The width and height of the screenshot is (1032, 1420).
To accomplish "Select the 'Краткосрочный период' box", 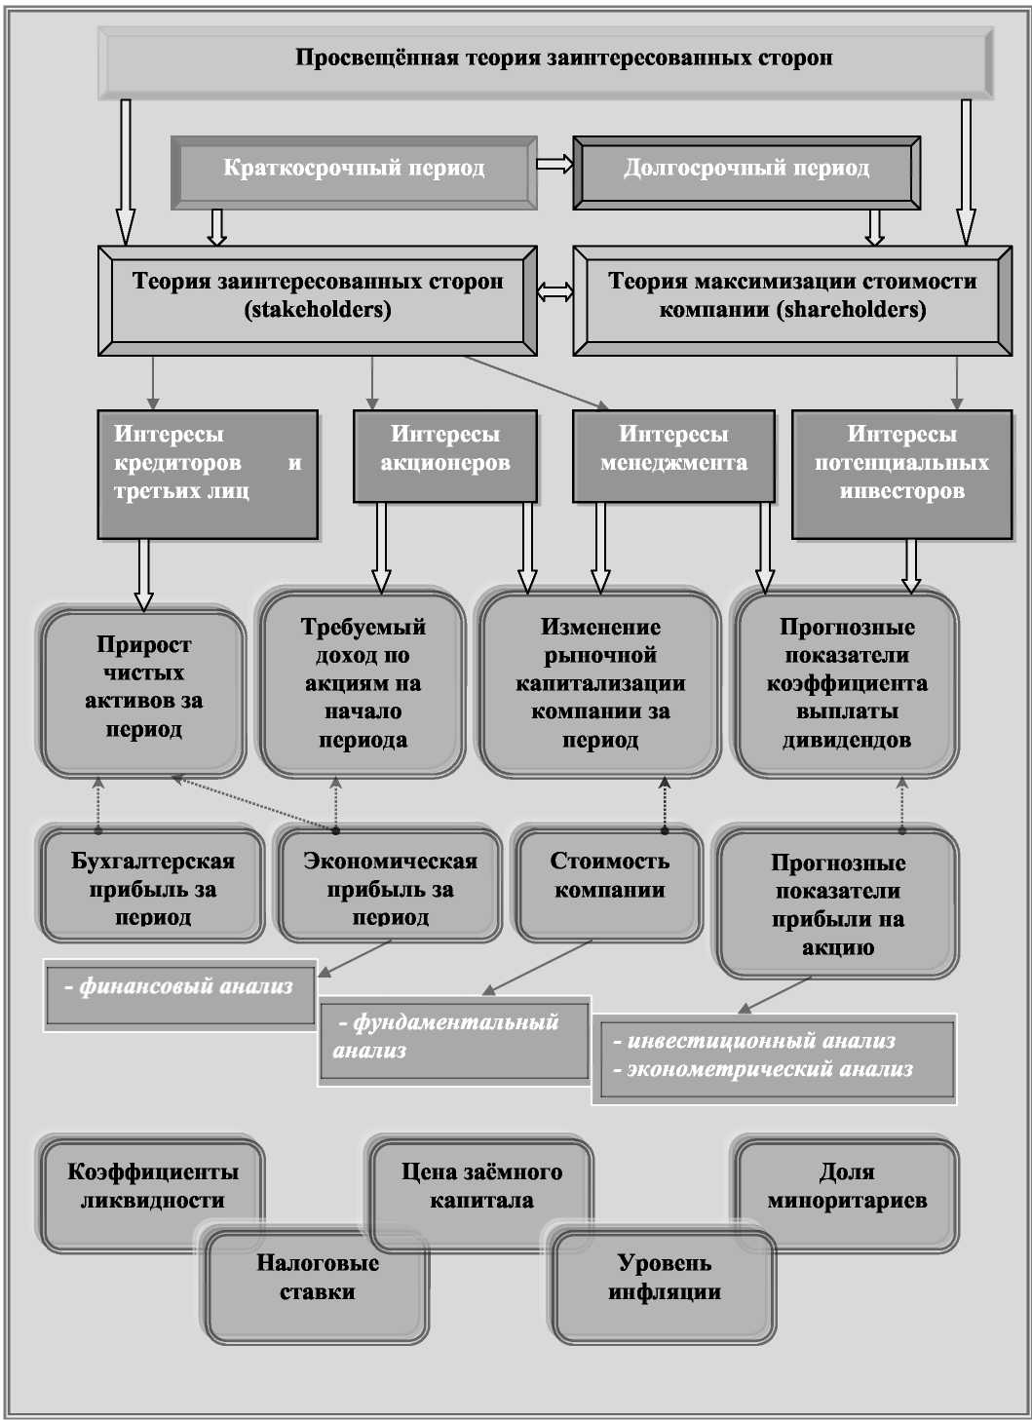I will point(354,170).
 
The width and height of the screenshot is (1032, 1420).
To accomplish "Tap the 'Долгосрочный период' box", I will point(746,170).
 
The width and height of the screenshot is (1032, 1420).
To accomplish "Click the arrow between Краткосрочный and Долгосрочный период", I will point(554,164).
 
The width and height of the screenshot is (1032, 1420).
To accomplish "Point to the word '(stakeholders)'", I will point(318,310).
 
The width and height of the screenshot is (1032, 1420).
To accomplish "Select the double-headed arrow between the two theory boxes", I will point(554,291).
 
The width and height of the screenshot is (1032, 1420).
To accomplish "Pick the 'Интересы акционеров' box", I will point(444,454).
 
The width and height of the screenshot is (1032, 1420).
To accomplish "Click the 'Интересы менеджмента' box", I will point(673,454).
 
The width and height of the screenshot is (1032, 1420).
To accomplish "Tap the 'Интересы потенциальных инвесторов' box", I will point(901,473).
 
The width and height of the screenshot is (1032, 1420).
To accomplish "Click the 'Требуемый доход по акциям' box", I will point(363,683).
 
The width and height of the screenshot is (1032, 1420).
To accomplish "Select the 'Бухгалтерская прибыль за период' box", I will point(152,887).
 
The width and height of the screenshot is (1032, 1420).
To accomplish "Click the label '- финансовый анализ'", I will point(179,988).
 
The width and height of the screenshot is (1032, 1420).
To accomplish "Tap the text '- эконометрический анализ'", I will point(769,1070).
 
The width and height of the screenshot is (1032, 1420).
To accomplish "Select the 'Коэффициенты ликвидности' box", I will point(152,1187).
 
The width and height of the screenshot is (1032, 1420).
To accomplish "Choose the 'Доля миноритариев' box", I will point(846,1187).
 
